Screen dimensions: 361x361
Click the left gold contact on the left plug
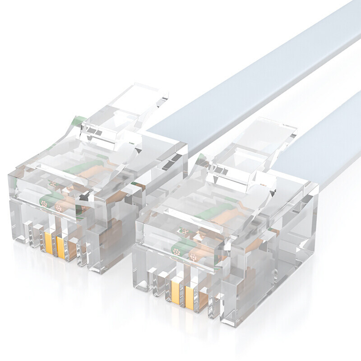(x=48, y=244)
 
